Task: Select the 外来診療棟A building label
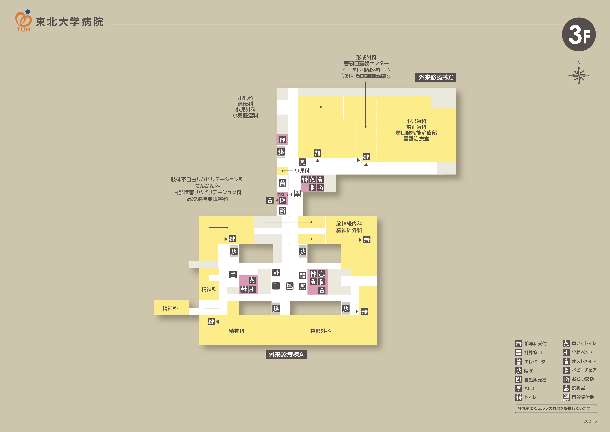[x=286, y=355]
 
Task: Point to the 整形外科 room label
[x=320, y=331]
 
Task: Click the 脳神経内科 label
[x=349, y=224]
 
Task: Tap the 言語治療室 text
[x=416, y=139]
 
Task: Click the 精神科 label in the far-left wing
[x=170, y=308]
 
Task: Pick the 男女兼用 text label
[x=284, y=194]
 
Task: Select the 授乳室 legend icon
[x=566, y=388]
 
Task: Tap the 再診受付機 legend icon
[x=566, y=397]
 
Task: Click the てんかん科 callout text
[x=208, y=186]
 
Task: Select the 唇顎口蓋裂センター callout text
[x=366, y=63]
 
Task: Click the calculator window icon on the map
[x=302, y=275]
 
